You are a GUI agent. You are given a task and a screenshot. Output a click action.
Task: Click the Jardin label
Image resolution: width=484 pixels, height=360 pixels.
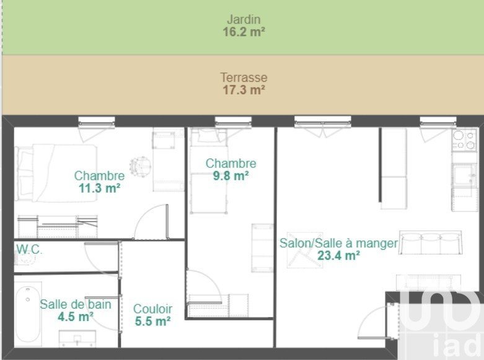tap(244, 19)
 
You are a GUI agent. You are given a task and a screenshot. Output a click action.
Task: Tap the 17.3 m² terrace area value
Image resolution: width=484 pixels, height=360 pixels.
tap(244, 90)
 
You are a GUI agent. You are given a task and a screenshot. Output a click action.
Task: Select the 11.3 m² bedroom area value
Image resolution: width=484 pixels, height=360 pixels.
tap(99, 188)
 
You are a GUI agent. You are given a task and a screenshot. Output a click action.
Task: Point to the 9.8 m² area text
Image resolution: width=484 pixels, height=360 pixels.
tap(231, 176)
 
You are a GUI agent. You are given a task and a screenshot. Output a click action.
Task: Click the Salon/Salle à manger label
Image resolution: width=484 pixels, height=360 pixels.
tap(338, 244)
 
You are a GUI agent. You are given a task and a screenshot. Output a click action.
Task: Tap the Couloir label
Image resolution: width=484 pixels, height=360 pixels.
tap(152, 309)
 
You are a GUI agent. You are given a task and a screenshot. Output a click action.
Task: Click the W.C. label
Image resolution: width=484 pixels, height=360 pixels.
tap(29, 249)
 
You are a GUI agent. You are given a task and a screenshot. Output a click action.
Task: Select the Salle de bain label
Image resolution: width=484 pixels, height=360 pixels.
tap(76, 304)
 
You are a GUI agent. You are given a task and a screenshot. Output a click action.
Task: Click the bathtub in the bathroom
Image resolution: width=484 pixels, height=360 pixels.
tap(28, 314)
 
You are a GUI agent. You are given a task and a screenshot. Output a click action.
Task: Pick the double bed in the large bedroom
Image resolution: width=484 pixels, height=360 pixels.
tap(56, 173)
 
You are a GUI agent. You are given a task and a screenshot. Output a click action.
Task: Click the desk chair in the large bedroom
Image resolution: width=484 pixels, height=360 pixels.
tap(141, 166)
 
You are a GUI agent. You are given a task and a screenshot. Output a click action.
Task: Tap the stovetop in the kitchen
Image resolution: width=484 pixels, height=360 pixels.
tap(464, 140)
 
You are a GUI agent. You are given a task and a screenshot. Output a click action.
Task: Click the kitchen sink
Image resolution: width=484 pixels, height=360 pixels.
tap(464, 175)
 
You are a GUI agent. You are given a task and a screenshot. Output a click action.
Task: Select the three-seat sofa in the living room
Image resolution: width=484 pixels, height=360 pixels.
tap(430, 242)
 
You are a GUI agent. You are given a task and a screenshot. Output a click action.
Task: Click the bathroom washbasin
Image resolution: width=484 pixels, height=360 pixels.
tap(77, 339)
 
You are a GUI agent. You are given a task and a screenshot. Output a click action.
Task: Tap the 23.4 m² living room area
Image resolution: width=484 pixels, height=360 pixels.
tap(338, 256)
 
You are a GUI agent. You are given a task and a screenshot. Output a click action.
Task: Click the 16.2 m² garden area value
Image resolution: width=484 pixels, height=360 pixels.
tap(244, 32)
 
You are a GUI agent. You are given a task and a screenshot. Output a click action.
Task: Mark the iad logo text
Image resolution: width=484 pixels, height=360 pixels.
tap(459, 345)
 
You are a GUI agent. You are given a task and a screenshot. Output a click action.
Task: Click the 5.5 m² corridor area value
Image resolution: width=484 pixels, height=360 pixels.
tap(152, 321)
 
